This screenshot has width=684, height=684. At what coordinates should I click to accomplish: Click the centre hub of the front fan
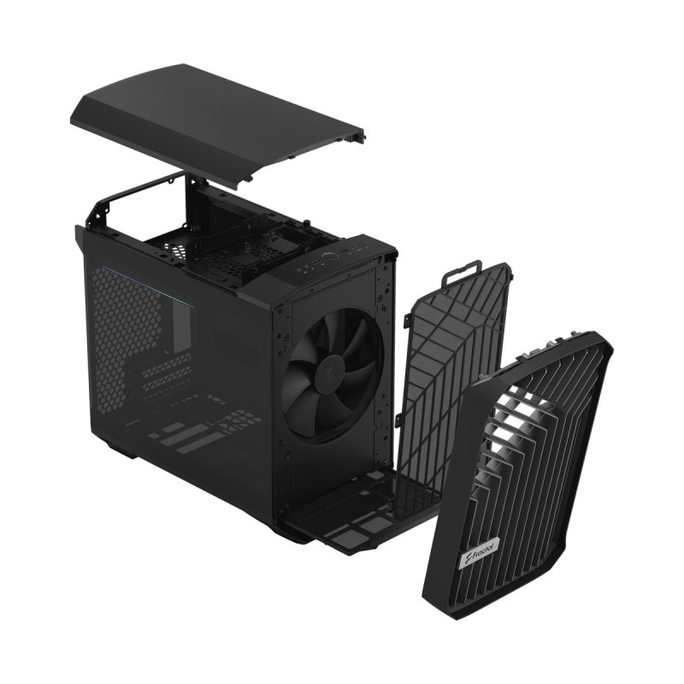(x=327, y=369)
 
